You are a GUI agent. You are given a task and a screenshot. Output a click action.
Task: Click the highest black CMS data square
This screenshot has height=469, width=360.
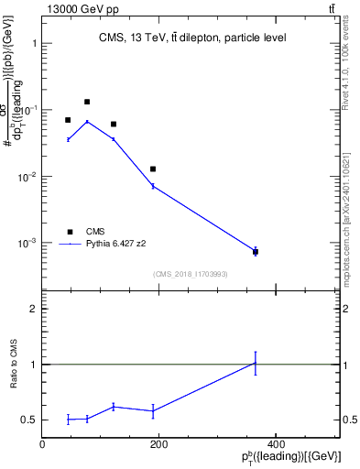coord(87,102)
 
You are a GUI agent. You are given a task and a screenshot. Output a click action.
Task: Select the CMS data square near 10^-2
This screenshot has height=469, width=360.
coord(153,169)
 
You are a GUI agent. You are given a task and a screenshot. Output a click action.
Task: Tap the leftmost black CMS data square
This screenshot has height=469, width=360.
coord(68,120)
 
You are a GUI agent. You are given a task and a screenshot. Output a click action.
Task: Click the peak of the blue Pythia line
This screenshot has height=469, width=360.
coord(87,121)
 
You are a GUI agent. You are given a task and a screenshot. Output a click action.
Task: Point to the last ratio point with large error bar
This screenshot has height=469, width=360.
coord(256,363)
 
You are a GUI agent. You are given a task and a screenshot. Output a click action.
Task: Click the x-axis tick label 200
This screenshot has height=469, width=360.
coord(158,444)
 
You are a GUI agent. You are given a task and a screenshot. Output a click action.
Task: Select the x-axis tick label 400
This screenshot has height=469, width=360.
coord(275,444)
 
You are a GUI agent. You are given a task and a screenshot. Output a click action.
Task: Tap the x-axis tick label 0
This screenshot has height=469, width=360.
coord(42,444)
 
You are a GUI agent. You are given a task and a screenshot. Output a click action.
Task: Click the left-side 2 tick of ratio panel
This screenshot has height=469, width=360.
coord(34,310)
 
